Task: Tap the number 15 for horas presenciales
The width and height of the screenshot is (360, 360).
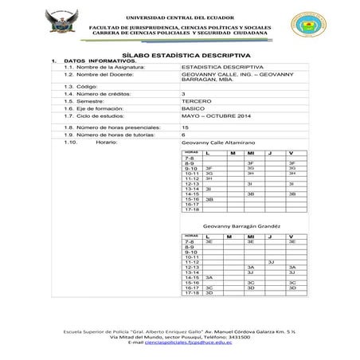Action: (x=186, y=127)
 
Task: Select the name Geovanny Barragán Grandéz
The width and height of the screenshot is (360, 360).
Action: (x=236, y=226)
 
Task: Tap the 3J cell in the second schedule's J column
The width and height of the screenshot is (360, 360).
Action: (x=271, y=260)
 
